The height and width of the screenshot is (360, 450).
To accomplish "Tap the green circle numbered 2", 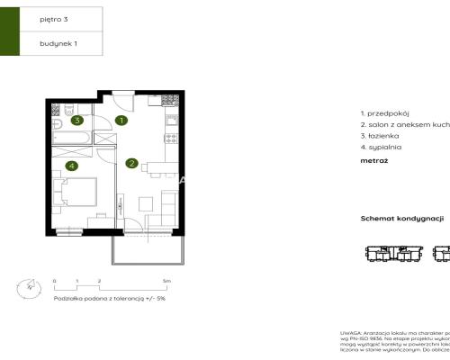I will click(131, 163).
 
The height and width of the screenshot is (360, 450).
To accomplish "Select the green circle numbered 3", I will click(77, 120).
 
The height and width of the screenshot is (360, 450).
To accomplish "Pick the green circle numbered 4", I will click(71, 166).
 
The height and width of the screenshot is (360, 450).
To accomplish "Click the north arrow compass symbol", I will click(26, 288).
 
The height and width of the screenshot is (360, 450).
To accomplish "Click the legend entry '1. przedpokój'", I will click(384, 113).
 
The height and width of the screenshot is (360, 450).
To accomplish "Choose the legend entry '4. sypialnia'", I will click(382, 146).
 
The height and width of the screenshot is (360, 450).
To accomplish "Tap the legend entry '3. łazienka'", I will click(382, 135).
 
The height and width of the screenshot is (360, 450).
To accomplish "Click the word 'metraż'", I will click(373, 160).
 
